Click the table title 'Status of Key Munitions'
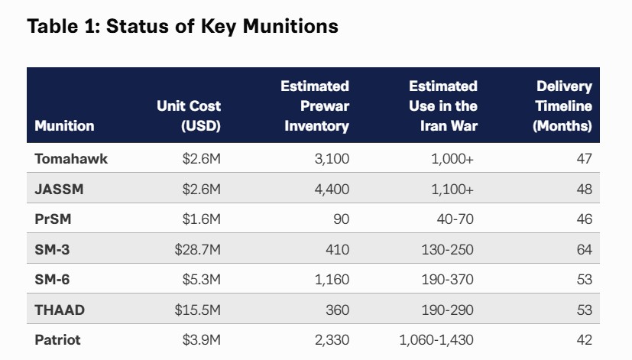[x=222, y=26]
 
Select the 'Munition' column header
[x=64, y=125]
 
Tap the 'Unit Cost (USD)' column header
[x=189, y=115]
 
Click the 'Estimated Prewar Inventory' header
[x=316, y=105]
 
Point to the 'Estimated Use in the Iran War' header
[x=443, y=105]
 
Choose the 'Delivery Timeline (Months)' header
[x=562, y=105]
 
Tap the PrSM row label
[x=52, y=219]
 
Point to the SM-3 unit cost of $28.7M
[x=196, y=249]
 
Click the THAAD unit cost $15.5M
[x=196, y=310]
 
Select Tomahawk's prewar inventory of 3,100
[x=331, y=159]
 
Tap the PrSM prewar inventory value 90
[x=341, y=219]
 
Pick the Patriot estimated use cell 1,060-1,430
[x=436, y=340]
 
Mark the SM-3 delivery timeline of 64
[x=584, y=249]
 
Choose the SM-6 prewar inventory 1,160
[x=331, y=280]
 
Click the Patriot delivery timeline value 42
[x=584, y=340]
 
